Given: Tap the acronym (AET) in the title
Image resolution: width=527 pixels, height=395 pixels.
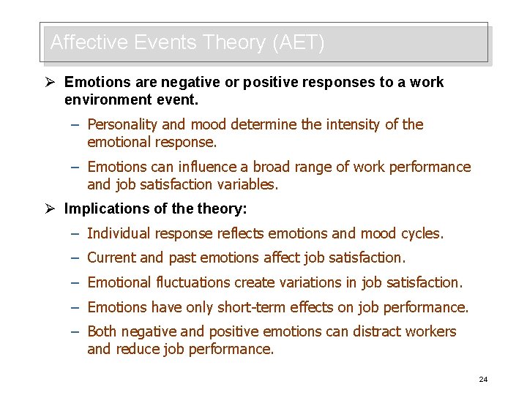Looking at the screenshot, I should coord(298,42).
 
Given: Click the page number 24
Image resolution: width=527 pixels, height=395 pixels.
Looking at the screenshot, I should coord(483,379).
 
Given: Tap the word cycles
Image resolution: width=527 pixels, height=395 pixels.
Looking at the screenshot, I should coord(422,233).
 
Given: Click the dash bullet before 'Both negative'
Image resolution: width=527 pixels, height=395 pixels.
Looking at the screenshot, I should coord(75,331).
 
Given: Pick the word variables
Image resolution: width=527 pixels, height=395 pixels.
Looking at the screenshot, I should coord(250,184).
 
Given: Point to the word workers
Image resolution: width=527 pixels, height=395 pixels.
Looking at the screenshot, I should coord(432,331).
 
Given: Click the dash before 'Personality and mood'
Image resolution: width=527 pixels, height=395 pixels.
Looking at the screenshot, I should coord(75,124).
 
